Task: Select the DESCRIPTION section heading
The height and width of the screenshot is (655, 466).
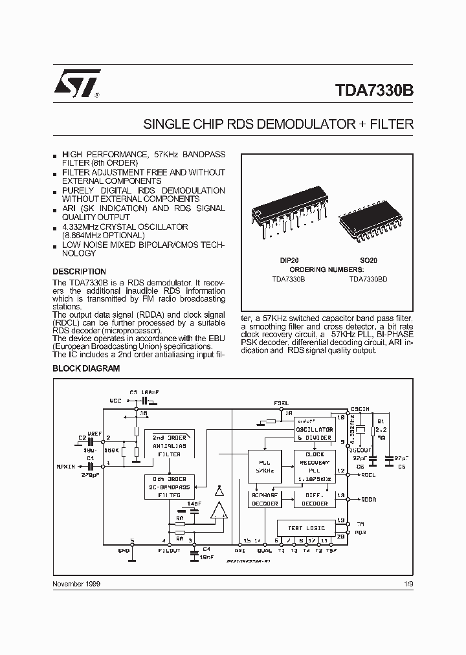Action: click(79, 272)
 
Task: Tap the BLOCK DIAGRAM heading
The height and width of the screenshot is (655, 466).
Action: click(86, 368)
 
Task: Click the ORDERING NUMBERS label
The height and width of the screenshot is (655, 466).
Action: click(326, 269)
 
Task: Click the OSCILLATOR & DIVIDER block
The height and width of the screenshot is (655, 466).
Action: click(315, 433)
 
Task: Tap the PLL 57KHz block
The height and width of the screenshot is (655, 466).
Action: click(264, 466)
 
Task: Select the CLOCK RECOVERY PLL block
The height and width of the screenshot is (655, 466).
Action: click(315, 466)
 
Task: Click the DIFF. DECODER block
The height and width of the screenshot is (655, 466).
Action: click(315, 499)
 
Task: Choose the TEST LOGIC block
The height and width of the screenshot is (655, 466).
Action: click(306, 528)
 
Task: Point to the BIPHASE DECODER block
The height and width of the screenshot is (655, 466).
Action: click(264, 499)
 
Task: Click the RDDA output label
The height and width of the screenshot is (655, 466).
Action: click(369, 499)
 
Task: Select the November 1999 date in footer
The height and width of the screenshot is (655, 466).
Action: click(76, 583)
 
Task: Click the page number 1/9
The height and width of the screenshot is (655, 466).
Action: click(407, 583)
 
